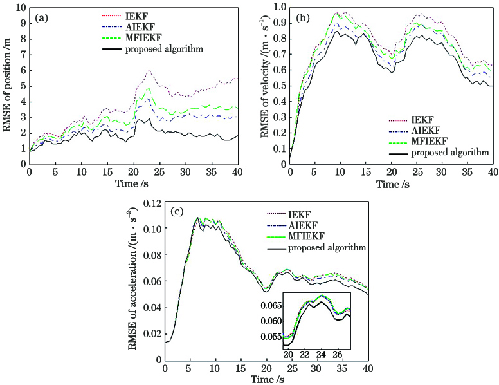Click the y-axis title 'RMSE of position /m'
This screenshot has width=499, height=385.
point(8,87)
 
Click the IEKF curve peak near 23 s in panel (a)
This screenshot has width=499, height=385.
point(149,70)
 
